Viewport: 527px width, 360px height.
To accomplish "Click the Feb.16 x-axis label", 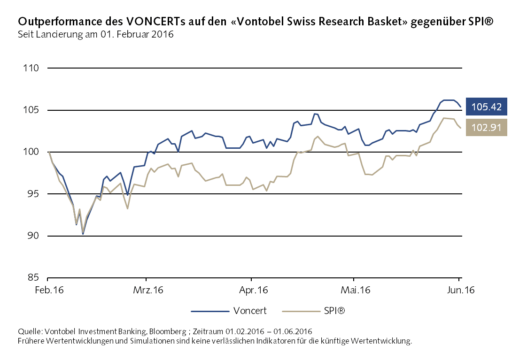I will [48, 290].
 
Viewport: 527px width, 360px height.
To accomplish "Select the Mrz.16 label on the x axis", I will [148, 290].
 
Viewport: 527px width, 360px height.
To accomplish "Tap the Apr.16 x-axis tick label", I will [254, 290].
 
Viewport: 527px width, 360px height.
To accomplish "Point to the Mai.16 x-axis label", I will [355, 290].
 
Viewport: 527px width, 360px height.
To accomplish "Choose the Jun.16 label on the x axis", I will [459, 290].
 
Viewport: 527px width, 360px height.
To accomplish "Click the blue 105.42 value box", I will [487, 107].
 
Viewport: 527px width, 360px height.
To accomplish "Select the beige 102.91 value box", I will [487, 127].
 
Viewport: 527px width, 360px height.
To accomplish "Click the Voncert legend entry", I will [250, 310].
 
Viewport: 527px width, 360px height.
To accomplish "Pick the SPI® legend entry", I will [334, 310].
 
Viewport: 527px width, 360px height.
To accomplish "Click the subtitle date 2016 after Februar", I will [164, 34].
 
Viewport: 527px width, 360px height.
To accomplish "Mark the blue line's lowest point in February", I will [83, 234].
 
